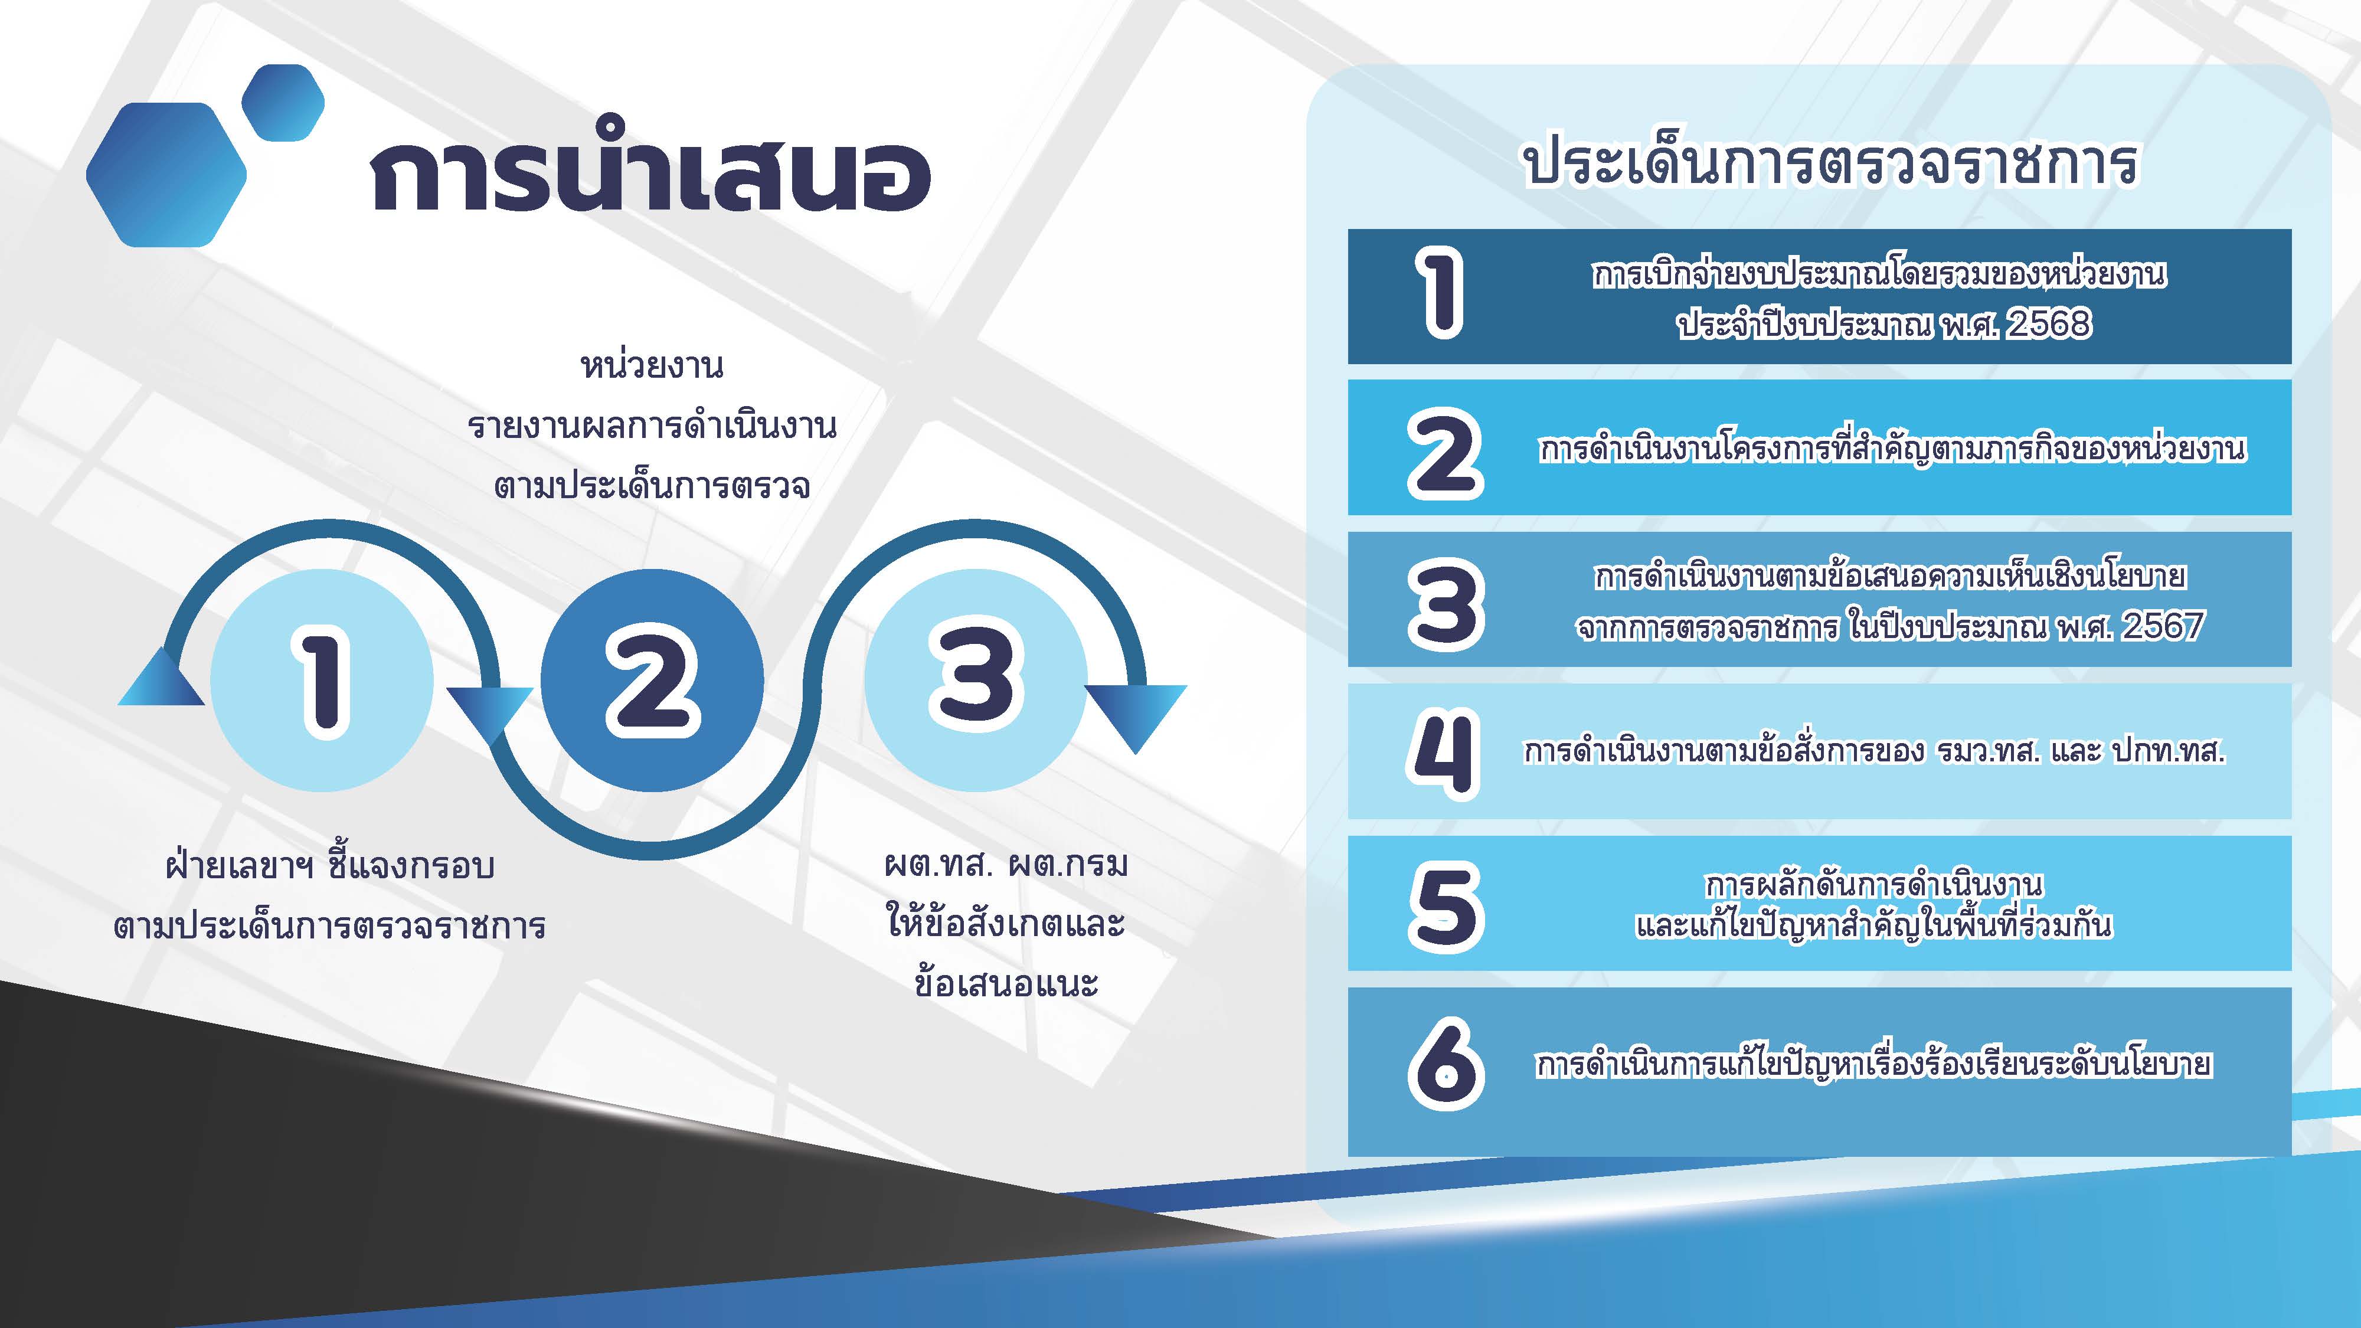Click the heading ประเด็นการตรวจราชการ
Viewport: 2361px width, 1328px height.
(1830, 163)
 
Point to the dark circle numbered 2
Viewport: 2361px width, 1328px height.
(652, 680)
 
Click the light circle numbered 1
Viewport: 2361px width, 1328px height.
(322, 680)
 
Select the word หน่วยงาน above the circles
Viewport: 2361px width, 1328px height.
(652, 365)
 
